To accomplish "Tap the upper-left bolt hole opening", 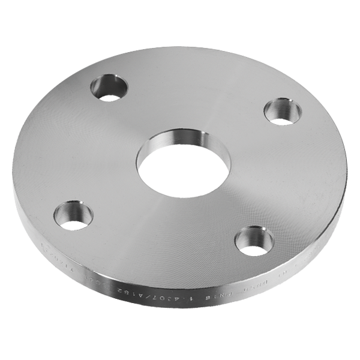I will point(109,93).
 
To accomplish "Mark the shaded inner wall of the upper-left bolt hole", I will point(109,82).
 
